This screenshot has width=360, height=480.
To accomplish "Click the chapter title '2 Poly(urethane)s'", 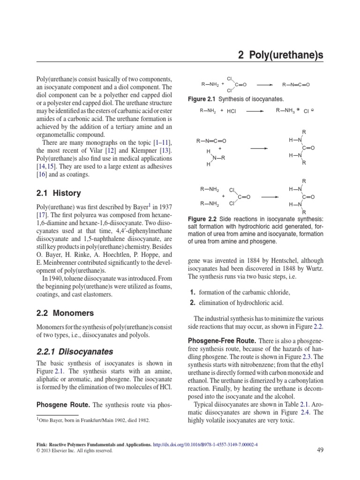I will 281,56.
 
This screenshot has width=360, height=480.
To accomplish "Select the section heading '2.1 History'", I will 59,193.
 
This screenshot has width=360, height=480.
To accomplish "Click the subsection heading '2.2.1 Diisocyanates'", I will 75,351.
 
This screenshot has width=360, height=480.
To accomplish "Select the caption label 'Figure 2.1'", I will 203,99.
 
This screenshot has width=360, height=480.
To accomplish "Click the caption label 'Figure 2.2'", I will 203,219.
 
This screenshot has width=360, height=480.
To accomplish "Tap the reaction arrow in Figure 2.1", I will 265,85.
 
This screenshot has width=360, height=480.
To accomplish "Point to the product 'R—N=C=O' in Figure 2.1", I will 296,85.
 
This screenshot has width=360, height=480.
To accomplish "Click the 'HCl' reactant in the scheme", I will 232,112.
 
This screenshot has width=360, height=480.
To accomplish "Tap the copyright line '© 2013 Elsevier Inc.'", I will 75,450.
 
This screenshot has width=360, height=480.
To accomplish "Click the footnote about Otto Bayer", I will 94,420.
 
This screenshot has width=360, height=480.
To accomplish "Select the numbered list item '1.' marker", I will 191,292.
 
